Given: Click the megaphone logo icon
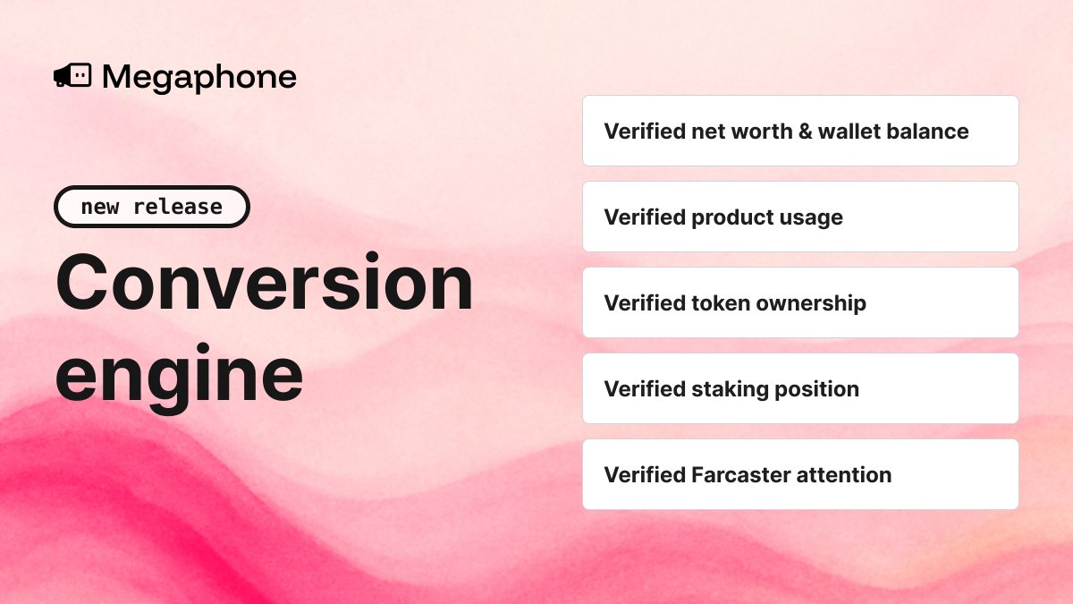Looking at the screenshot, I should [x=72, y=77].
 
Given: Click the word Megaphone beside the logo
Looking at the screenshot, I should [x=199, y=78].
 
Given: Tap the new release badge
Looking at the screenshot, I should [x=152, y=207].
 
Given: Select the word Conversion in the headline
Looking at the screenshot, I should [x=265, y=283].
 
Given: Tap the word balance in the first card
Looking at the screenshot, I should [x=928, y=132].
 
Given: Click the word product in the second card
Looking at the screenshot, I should [x=731, y=217].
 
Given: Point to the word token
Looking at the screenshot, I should [x=721, y=303].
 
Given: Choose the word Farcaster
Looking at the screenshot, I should [x=742, y=475].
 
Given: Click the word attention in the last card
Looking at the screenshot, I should [x=847, y=475].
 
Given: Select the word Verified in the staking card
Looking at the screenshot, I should [x=644, y=389].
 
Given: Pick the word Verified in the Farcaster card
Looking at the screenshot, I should [x=644, y=475].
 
